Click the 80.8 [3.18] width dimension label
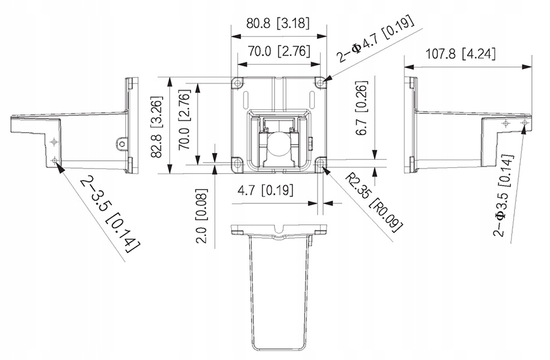point(278,23)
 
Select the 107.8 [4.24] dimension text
point(461,55)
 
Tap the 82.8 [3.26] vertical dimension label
point(157,126)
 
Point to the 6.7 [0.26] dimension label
point(361,108)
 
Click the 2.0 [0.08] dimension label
point(201,216)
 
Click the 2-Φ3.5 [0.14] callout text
point(503,195)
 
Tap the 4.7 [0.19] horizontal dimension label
point(265,190)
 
